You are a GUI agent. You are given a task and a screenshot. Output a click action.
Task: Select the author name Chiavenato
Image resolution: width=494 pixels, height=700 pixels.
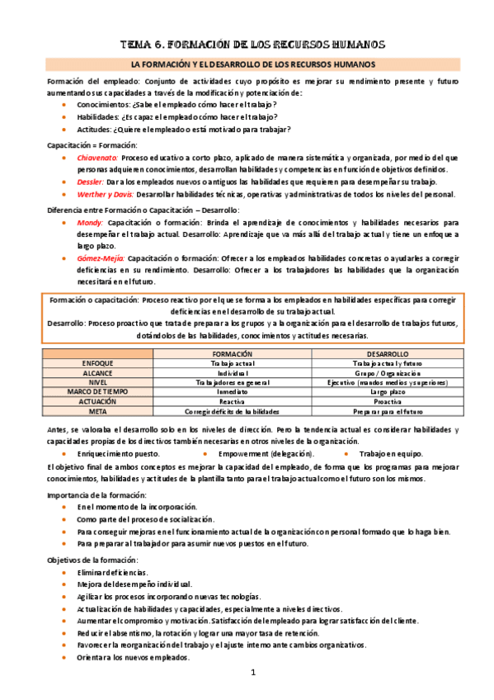coord(97,157)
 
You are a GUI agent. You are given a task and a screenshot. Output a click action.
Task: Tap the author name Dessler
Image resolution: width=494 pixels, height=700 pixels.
coord(91,181)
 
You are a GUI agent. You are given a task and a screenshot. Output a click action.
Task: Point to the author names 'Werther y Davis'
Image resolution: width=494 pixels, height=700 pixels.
coord(106,194)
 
